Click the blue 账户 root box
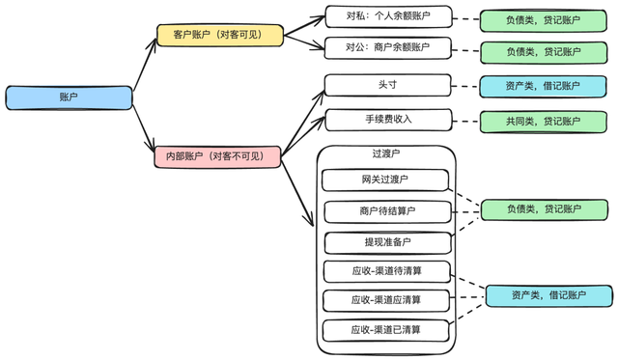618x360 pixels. coord(69,97)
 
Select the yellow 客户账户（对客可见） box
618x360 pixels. coord(220,36)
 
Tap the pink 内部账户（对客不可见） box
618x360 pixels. coord(217,156)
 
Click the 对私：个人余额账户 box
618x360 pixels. coord(387,17)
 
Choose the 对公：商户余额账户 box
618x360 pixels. coord(387,47)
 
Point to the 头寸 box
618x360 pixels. coord(387,85)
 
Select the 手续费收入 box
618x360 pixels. coord(387,120)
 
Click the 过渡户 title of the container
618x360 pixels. coord(385,154)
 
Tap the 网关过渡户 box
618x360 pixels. coord(385,180)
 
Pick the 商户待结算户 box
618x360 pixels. coord(385,210)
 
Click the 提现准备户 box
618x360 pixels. coord(385,241)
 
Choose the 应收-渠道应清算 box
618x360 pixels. coord(385,299)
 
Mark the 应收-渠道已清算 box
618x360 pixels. coord(385,330)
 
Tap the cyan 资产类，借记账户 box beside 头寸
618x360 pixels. coord(544,86)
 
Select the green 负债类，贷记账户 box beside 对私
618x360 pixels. coord(544,20)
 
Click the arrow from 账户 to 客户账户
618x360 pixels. coord(144,67)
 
